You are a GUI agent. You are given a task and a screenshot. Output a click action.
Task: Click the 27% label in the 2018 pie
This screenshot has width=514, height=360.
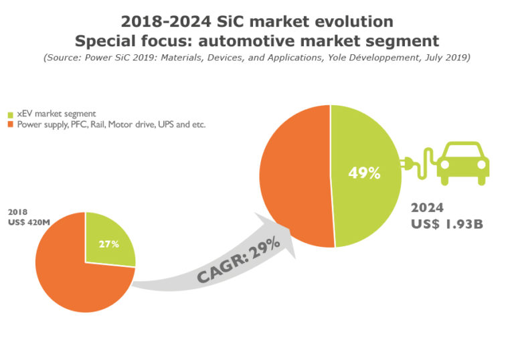pyautogui.click(x=109, y=244)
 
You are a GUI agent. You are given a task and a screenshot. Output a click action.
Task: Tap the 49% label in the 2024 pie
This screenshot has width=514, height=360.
pyautogui.click(x=364, y=173)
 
